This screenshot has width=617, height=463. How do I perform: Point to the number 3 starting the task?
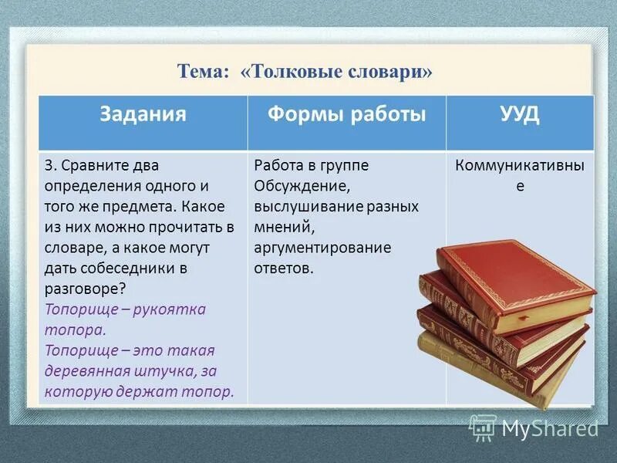(x=49, y=166)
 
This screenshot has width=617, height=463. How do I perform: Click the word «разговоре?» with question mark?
(x=86, y=289)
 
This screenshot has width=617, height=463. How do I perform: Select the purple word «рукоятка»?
(x=170, y=309)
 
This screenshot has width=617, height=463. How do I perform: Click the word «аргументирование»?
(x=322, y=248)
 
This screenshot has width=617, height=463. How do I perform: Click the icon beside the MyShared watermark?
(x=483, y=427)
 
